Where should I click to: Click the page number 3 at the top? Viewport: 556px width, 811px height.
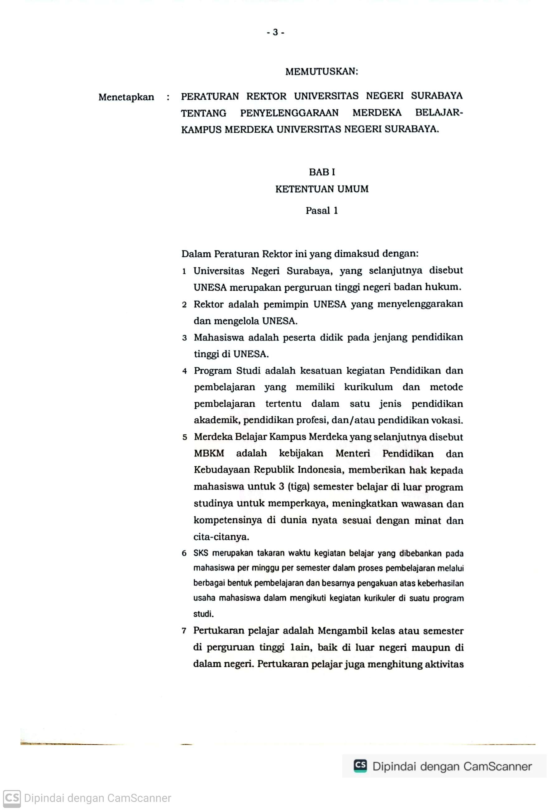coord(275,32)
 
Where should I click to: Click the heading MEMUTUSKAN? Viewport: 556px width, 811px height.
coord(321,72)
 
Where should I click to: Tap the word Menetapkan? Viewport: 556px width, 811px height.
coord(126,97)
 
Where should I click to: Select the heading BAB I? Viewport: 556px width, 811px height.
coord(321,172)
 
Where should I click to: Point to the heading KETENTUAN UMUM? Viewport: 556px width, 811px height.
coord(321,189)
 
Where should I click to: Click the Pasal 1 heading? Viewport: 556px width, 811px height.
coord(321,211)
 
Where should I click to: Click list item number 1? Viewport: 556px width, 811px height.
coord(184,271)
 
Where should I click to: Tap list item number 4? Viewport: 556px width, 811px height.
coord(184,371)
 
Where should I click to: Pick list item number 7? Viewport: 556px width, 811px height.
coord(184,631)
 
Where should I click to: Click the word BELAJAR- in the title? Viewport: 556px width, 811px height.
coord(439,113)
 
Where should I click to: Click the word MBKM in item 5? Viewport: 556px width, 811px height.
coord(209,454)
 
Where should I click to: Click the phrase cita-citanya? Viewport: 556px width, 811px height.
coord(221,537)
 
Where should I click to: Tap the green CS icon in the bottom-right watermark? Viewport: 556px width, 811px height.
coord(360,766)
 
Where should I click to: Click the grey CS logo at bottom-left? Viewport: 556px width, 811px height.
coord(12,799)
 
